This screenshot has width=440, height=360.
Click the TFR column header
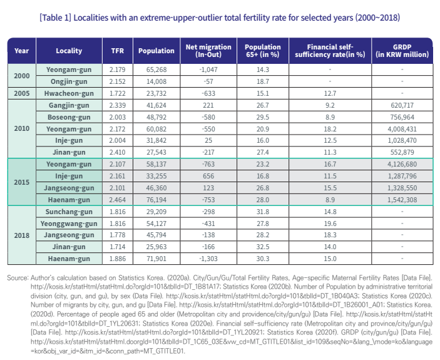coord(117,51)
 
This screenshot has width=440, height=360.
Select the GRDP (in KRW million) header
coord(402,51)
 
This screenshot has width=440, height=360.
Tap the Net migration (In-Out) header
coord(208,51)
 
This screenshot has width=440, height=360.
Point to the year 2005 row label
coord(22,93)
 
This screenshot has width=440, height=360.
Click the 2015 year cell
coord(22,182)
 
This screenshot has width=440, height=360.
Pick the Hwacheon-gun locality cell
coord(69,93)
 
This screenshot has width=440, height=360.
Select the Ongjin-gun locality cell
coord(69,81)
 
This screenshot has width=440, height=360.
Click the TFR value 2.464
coord(117,200)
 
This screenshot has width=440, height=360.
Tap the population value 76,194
coord(156,200)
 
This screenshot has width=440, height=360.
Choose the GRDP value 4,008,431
coord(402,129)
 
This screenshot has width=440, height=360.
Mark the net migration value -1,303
coord(208,259)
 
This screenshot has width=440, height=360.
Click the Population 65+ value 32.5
coord(263,247)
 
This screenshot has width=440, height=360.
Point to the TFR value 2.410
coord(117,152)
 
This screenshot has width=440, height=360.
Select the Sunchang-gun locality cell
coord(69,212)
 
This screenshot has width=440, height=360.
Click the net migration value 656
coord(208,176)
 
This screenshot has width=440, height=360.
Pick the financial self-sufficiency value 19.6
coord(330,224)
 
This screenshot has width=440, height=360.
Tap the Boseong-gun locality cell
coord(69,117)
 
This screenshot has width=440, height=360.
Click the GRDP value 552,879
coord(402,152)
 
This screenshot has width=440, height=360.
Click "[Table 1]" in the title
coord(55,18)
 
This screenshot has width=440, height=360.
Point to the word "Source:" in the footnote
coord(18,278)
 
